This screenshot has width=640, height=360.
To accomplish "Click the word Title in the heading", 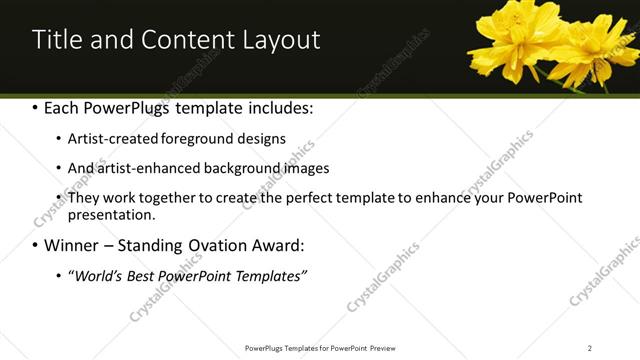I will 55,40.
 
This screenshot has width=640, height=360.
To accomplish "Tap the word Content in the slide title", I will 189,40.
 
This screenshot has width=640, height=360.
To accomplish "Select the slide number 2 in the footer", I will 589,348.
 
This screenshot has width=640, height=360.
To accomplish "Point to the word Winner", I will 73,244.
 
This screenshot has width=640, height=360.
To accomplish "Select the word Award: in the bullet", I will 276,244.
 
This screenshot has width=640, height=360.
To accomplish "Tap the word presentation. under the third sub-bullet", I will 112,215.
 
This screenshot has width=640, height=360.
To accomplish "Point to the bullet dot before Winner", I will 36,245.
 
